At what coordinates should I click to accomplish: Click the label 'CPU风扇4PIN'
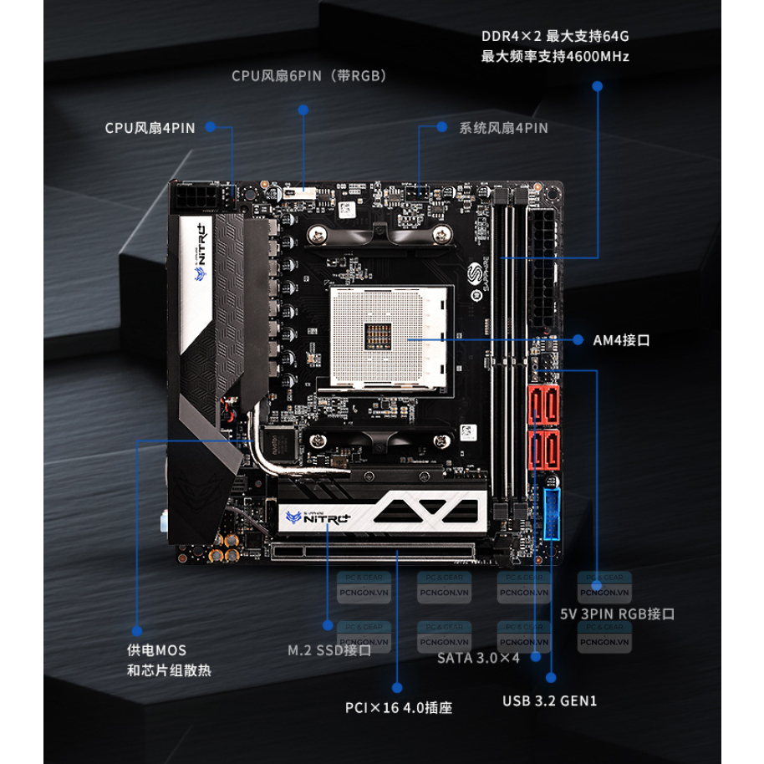click(x=150, y=128)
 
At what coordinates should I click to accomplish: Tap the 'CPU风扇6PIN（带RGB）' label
click(x=308, y=76)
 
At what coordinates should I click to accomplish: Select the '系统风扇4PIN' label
click(x=503, y=128)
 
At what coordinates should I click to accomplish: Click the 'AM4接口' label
click(x=621, y=340)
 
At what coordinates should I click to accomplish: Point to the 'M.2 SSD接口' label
click(x=329, y=649)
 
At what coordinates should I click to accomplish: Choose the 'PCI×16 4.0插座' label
click(x=399, y=707)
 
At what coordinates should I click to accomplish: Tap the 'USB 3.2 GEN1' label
click(x=549, y=700)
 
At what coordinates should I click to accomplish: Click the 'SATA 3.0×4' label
click(x=479, y=657)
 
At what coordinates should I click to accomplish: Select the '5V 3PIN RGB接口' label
click(x=617, y=614)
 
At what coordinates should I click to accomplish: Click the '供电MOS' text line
click(x=156, y=649)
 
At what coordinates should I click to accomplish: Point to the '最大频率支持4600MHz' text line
click(x=555, y=57)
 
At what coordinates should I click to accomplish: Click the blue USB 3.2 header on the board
click(x=553, y=513)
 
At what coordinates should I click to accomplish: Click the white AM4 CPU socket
click(x=390, y=337)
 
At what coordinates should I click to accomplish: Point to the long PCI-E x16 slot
click(x=371, y=552)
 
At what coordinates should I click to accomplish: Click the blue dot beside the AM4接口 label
click(x=577, y=340)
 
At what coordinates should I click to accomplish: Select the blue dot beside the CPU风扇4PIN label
click(x=211, y=128)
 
